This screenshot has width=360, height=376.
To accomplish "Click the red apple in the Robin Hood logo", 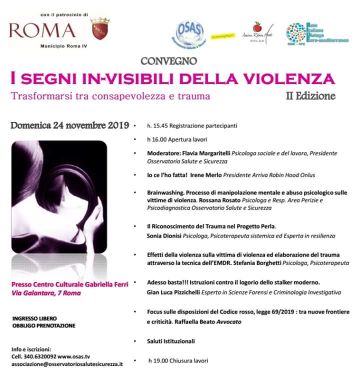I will pyautogui.click(x=257, y=26).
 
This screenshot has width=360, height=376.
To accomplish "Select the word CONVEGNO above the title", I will pyautogui.click(x=169, y=61).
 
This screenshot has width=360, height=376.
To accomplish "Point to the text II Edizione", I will pyautogui.click(x=310, y=95).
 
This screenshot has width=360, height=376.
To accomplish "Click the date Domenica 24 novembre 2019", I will pyautogui.click(x=70, y=125).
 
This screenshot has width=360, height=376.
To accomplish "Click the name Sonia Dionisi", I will pyautogui.click(x=165, y=235).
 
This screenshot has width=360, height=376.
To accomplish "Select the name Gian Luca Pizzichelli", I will pyautogui.click(x=181, y=292).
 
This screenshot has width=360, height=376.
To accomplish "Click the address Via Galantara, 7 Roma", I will pyautogui.click(x=46, y=293).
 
